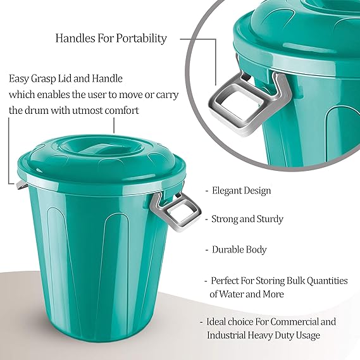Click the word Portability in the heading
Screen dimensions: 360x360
click(141, 39)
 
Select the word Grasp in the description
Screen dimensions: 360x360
click(44, 79)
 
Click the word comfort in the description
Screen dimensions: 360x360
click(122, 111)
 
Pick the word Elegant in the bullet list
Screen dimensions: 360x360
click(227, 190)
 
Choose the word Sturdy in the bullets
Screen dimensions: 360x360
click(270, 220)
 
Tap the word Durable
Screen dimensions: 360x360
click(228, 249)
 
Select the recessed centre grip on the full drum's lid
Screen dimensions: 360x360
click(95, 149)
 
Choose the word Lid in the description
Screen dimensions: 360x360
click(65, 78)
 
